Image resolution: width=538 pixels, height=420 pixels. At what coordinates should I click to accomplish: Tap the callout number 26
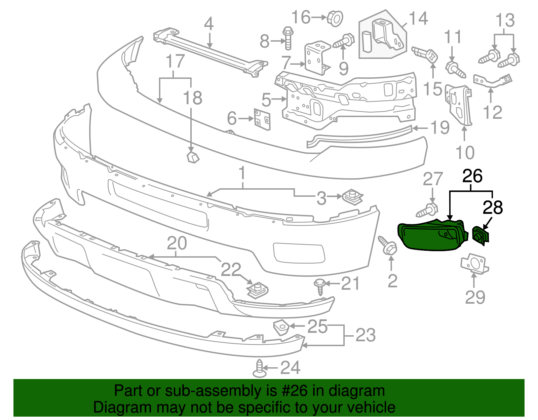click(x=472, y=176)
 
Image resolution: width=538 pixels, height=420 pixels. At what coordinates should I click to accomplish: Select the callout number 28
click(x=493, y=207)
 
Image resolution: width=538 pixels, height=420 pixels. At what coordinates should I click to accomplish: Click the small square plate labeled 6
click(x=262, y=119)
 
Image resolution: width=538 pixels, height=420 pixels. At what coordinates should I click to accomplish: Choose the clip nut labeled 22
click(x=258, y=290)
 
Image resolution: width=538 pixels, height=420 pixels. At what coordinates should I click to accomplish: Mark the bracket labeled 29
click(x=474, y=263)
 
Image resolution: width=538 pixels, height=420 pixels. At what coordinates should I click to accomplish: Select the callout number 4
click(x=209, y=24)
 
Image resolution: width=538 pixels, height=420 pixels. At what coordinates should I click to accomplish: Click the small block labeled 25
click(x=281, y=327)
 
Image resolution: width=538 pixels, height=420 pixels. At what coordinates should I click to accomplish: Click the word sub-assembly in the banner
click(x=213, y=391)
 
